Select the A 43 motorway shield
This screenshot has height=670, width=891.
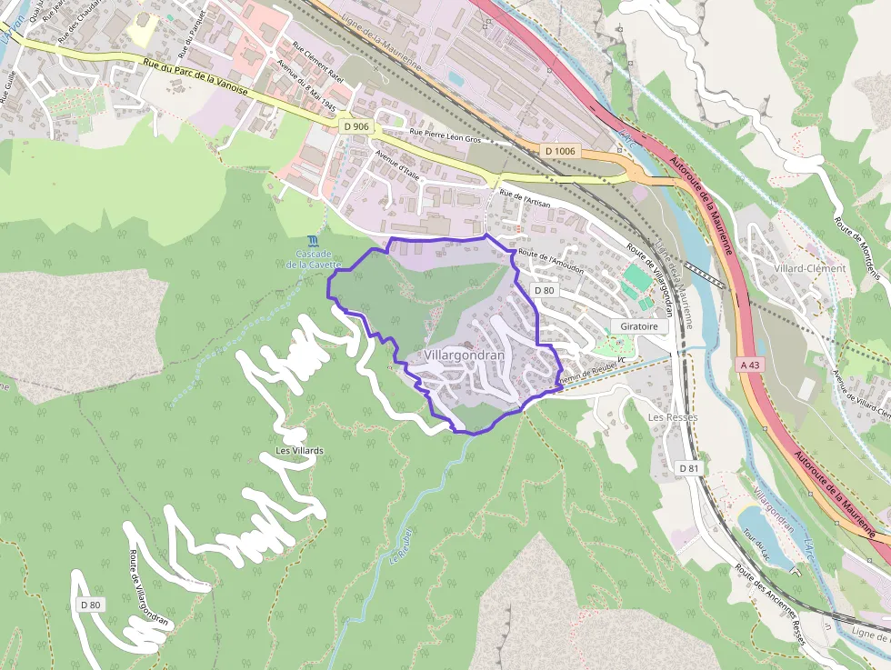[x=748, y=363]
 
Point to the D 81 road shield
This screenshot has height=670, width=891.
[x=690, y=467]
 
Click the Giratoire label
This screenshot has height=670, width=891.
[x=640, y=325]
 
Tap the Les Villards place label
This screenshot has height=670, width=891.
[x=300, y=451]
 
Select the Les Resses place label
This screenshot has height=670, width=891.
[x=666, y=416]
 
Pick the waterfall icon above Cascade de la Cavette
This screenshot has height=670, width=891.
[x=313, y=241]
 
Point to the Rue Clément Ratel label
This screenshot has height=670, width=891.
[x=317, y=62]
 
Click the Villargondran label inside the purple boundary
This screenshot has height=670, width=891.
[x=464, y=355]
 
